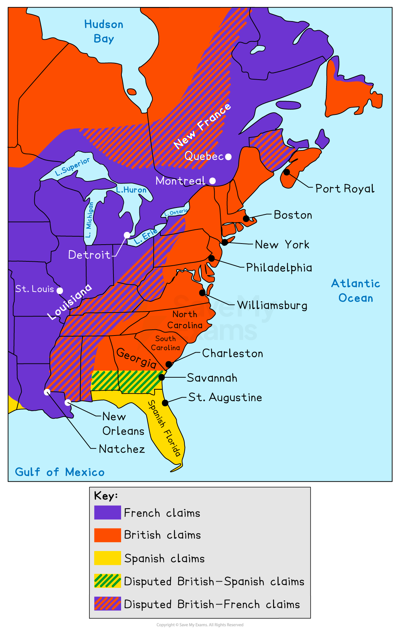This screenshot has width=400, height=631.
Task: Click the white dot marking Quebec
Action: pyautogui.click(x=228, y=157)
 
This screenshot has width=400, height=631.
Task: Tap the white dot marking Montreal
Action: pyautogui.click(x=212, y=181)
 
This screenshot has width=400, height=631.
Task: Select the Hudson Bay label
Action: pyautogui.click(x=104, y=31)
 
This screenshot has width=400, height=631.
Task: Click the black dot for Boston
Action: pyautogui.click(x=246, y=218)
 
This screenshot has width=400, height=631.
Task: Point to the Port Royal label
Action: pyautogui.click(x=344, y=189)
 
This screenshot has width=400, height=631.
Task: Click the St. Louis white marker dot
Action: pyautogui.click(x=60, y=290)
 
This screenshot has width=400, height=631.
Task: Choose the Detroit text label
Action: pyautogui.click(x=89, y=255)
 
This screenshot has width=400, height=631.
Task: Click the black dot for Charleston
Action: pyautogui.click(x=169, y=364)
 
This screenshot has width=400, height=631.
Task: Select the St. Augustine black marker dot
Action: pyautogui.click(x=165, y=403)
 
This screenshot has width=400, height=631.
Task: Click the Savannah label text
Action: pyautogui.click(x=212, y=378)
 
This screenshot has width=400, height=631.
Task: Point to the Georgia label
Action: pyautogui.click(x=136, y=358)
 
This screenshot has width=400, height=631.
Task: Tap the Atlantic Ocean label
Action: pyautogui.click(x=356, y=290)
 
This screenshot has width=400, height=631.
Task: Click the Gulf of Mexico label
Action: pyautogui.click(x=60, y=472)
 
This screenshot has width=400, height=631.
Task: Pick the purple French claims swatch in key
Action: pyautogui.click(x=107, y=513)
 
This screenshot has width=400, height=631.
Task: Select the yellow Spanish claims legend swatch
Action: pyautogui.click(x=107, y=558)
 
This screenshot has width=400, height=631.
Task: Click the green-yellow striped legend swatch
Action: pyautogui.click(x=107, y=581)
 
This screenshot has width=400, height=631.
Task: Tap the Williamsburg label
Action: pyautogui.click(x=272, y=305)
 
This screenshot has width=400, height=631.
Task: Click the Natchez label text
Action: pyautogui.click(x=122, y=449)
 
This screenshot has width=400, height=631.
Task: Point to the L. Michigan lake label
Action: pyautogui.click(x=89, y=220)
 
